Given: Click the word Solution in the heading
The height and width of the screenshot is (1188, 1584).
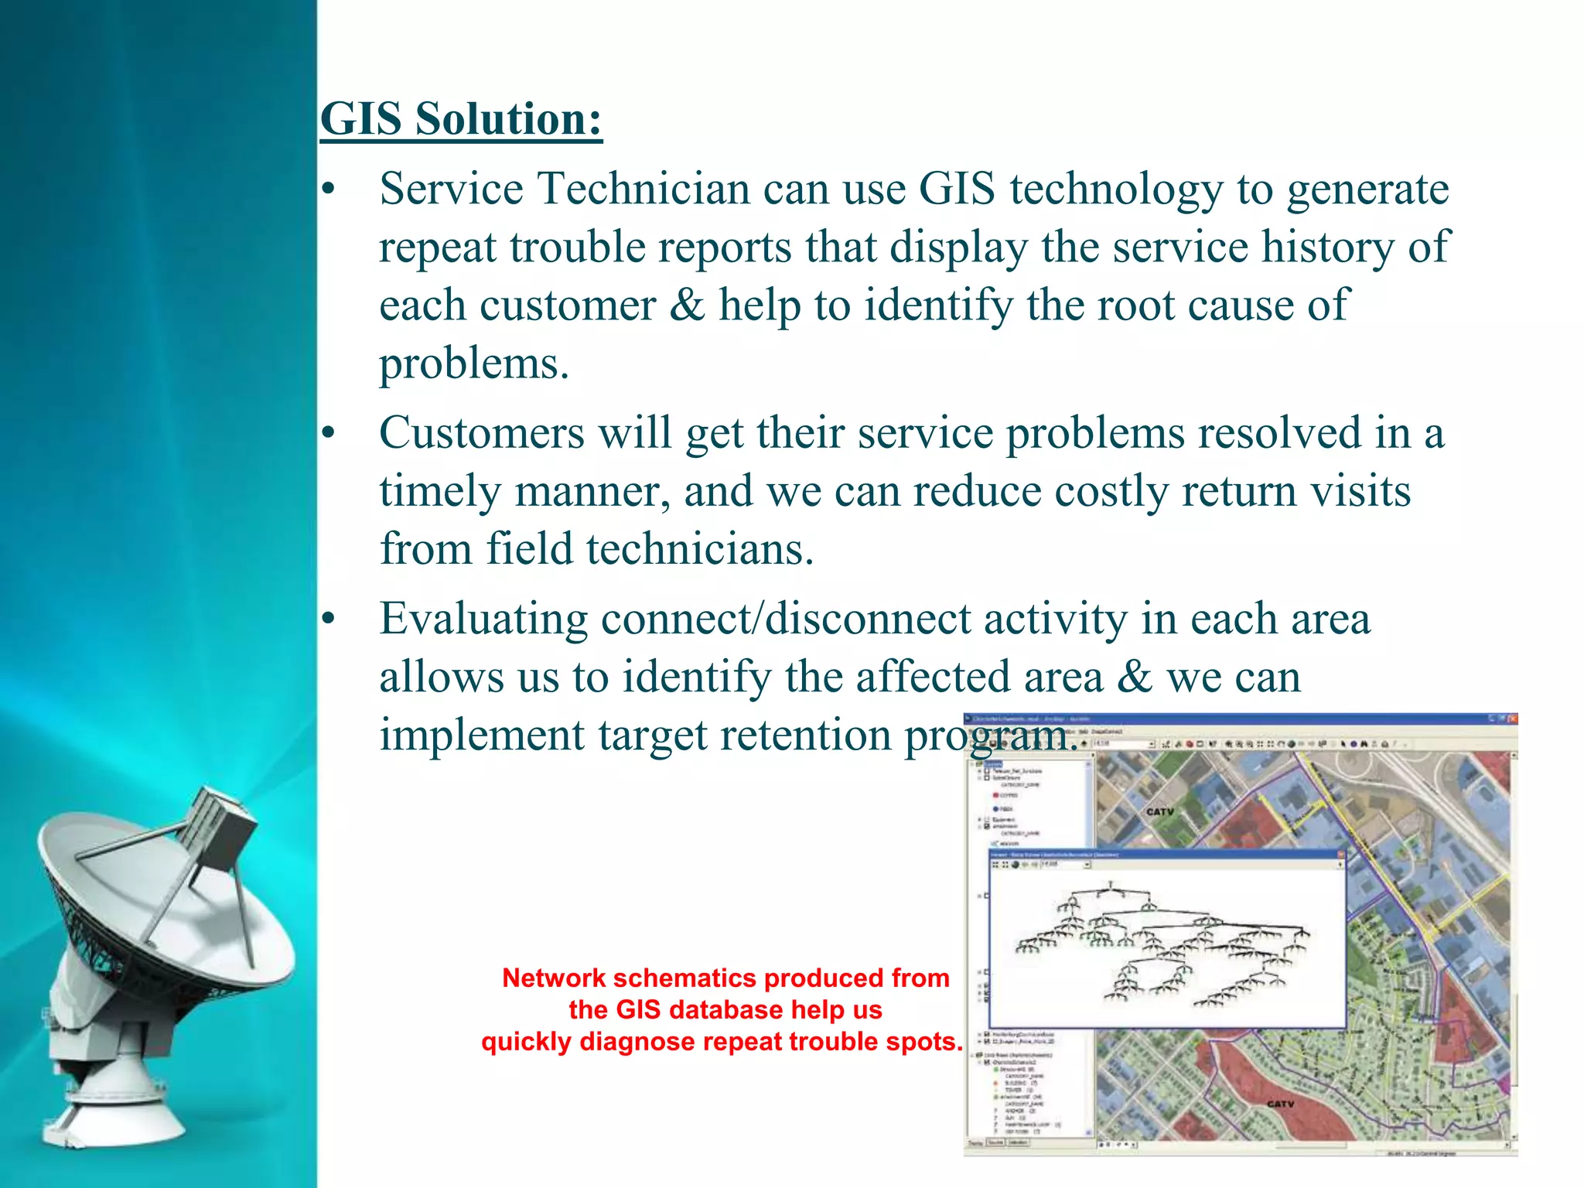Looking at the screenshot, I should [508, 120].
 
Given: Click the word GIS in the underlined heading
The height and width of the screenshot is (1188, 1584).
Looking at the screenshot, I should [361, 120].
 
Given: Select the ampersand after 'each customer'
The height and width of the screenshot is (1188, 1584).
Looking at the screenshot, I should [687, 305].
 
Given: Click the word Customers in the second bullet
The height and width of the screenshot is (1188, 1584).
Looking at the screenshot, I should [481, 432].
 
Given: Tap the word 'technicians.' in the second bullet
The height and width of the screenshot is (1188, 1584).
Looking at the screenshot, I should [650, 549].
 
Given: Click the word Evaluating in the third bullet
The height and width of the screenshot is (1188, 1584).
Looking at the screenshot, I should [483, 620].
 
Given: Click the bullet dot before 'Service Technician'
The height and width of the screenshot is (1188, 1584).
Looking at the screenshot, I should [329, 190].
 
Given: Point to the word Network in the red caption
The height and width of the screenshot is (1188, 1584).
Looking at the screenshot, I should [554, 978].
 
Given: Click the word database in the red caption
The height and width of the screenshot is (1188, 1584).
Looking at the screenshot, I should [725, 1010].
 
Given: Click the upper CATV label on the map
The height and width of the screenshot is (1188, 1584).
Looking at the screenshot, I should [1159, 811].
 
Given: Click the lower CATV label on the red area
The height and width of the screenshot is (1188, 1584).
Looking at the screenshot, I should [1280, 1104].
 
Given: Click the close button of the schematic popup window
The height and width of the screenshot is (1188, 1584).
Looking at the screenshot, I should [1341, 855].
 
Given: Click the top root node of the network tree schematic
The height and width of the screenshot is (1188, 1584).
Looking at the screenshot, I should [1111, 883].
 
